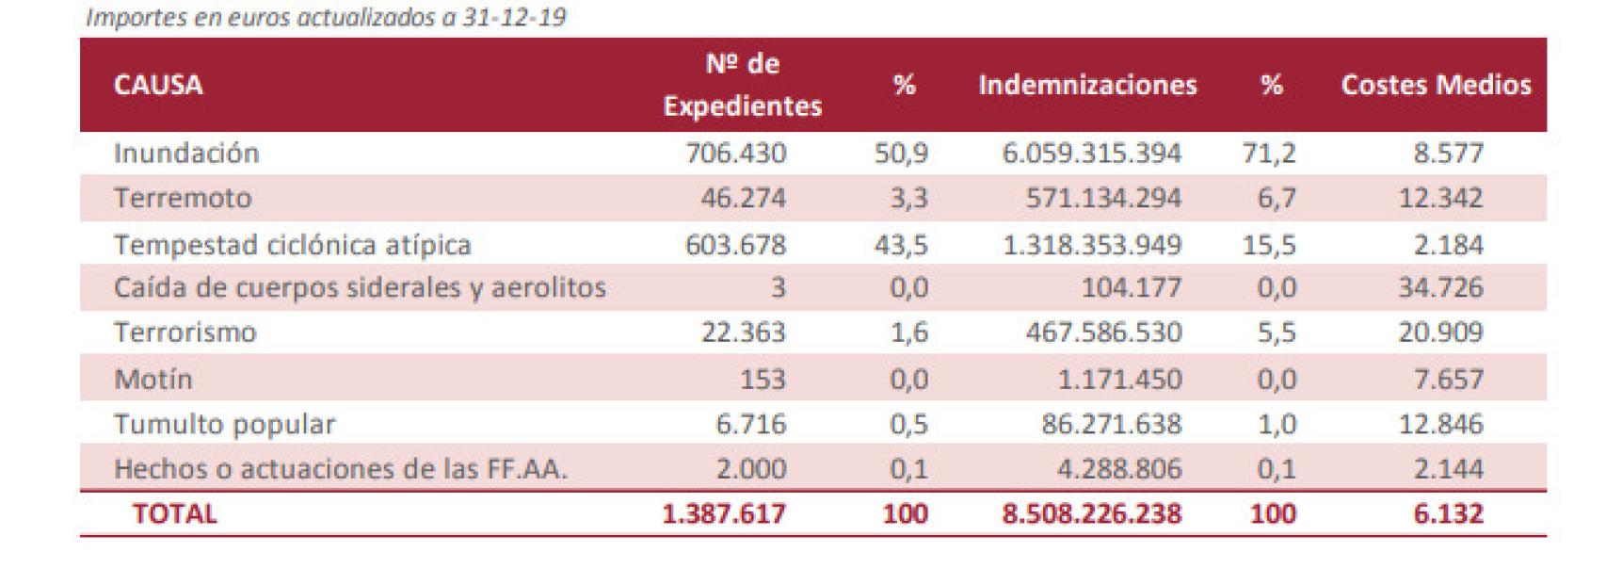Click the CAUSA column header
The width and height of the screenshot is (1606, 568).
[157, 85]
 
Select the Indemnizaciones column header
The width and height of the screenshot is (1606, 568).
[1086, 85]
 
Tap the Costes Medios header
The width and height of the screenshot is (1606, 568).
[1435, 85]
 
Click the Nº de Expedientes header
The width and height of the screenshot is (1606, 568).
[742, 85]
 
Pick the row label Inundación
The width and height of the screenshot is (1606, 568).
[185, 153]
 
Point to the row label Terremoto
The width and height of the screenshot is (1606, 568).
[183, 198]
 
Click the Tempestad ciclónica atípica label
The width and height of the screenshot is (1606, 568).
[292, 245]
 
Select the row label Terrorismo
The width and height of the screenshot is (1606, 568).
[185, 333]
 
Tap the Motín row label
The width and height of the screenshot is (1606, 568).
[153, 379]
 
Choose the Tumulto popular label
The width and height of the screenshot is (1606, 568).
[224, 424]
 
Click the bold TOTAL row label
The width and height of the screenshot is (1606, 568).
[174, 513]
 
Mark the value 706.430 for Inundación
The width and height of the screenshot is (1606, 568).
[735, 153]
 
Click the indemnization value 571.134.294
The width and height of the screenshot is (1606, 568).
[1102, 198]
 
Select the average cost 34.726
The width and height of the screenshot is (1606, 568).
[1439, 287]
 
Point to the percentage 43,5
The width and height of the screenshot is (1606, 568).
[901, 245]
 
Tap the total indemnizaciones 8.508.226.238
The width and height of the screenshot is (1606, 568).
[1091, 513]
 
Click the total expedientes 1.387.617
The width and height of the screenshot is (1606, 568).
[723, 513]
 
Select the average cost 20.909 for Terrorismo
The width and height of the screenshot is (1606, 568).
[1439, 333]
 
